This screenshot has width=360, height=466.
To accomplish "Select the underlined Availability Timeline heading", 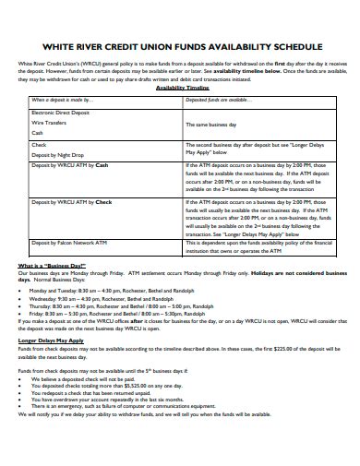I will click(x=181, y=88).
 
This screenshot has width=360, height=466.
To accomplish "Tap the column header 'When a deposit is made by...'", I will click(x=63, y=99).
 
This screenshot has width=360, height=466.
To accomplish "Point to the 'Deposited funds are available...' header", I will click(x=217, y=99).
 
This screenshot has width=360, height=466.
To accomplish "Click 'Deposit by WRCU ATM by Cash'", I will click(x=70, y=167).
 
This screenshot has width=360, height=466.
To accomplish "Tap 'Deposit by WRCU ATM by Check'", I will click(x=72, y=202).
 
